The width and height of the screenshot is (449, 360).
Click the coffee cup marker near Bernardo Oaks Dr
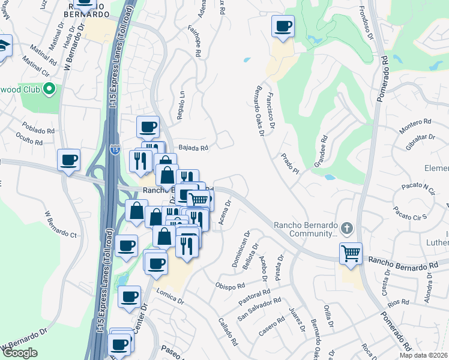click(x=283, y=27)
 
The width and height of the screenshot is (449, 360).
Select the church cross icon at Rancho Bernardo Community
click(x=346, y=228)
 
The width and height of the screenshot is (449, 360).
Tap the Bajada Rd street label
click(x=193, y=148)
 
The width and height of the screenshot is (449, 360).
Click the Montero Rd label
click(x=415, y=122)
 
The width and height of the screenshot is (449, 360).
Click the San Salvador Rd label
click(x=259, y=308)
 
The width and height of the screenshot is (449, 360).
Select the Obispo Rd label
click(x=230, y=286)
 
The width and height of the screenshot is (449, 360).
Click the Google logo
click(x=20, y=353)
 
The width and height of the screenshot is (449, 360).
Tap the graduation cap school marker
click(x=2, y=46)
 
